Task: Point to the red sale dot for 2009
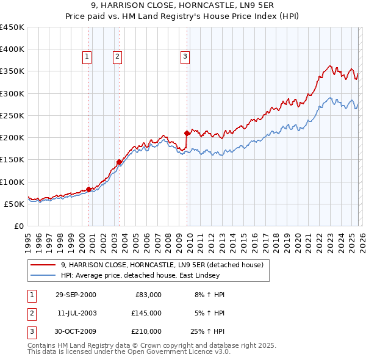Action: point(187,132)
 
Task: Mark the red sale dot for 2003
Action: point(119,162)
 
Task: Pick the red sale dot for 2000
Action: point(89,189)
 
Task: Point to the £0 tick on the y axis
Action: point(20,226)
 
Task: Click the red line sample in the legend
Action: point(43,265)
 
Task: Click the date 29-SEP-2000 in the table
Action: point(76,295)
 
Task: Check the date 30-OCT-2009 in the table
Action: point(76,331)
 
